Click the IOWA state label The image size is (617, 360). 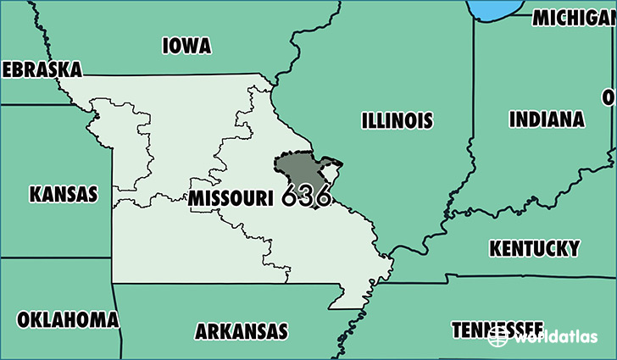[186, 45]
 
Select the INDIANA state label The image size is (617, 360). [546, 119]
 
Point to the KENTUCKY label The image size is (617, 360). [534, 248]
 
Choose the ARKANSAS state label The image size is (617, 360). [242, 330]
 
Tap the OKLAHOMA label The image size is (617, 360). [68, 319]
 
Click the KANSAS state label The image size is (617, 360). [64, 194]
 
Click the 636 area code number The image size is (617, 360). [307, 196]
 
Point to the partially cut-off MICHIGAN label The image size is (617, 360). [574, 17]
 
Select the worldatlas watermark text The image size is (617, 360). [555, 337]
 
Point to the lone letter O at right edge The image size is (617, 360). [609, 97]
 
